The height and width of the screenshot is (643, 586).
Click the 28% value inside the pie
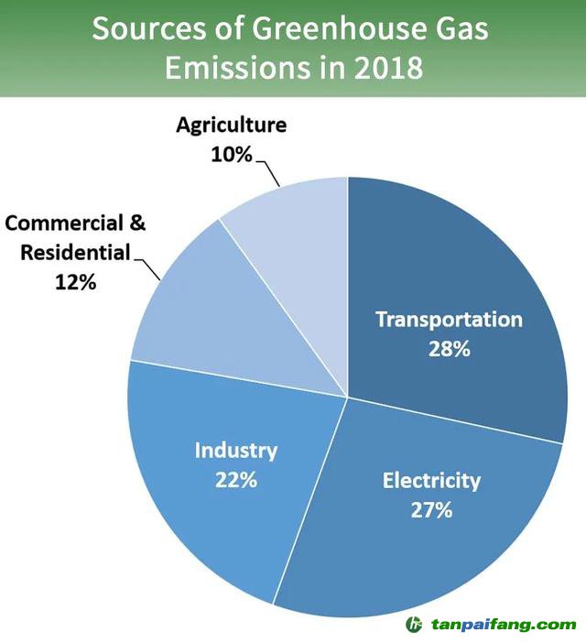tap(449, 349)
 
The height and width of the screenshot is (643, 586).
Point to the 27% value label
tap(430, 509)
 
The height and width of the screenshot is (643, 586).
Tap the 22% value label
tap(235, 480)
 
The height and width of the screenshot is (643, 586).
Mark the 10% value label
tap(232, 155)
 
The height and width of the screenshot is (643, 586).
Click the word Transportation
tap(449, 320)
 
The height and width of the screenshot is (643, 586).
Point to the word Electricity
tap(430, 480)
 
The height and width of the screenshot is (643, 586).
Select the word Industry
tap(235, 451)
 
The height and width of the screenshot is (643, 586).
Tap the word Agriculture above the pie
tap(232, 125)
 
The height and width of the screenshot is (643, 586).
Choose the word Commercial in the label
tap(64, 223)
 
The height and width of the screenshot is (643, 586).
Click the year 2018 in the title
tap(385, 68)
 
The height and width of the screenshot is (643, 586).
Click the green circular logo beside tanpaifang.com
tap(416, 626)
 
